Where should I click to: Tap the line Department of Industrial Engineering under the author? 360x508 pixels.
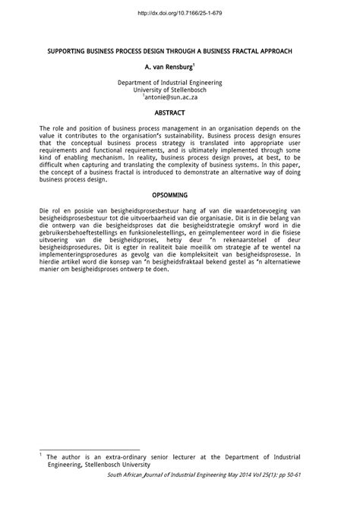coord(180,82)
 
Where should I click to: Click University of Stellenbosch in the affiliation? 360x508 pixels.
coord(180,90)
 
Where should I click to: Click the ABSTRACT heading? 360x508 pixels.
coord(180,112)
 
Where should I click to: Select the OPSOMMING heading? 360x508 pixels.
coord(180,195)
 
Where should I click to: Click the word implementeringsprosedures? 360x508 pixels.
coord(83,255)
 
